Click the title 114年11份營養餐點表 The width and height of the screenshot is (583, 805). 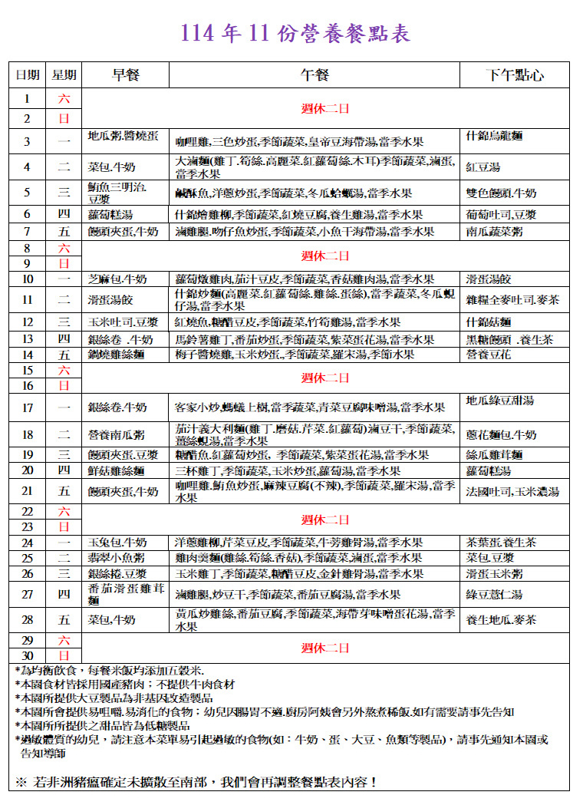click(x=295, y=34)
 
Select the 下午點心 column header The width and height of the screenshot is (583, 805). click(x=515, y=75)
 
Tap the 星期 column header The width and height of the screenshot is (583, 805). click(x=64, y=75)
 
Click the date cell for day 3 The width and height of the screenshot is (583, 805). click(x=28, y=142)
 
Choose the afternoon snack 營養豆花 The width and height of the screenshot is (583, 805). click(x=488, y=355)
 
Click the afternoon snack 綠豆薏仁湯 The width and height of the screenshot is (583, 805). click(x=495, y=594)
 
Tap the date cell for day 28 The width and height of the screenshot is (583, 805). click(x=28, y=620)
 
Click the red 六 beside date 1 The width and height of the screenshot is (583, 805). click(x=64, y=98)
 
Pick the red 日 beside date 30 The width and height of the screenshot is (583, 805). click(x=64, y=655)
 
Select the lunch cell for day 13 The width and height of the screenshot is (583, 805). click(x=304, y=339)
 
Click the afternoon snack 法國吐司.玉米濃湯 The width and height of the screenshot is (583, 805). click(x=512, y=492)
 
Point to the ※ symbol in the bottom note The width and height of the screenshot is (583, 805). click(x=21, y=783)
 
